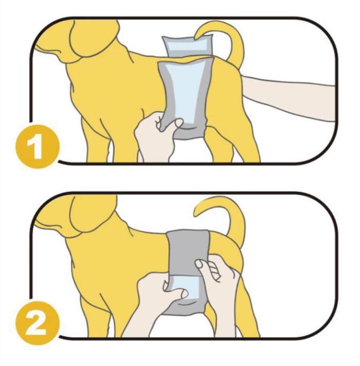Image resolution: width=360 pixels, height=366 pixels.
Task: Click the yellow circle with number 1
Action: pyautogui.click(x=37, y=146)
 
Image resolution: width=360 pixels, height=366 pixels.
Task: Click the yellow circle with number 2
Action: pyautogui.click(x=37, y=323)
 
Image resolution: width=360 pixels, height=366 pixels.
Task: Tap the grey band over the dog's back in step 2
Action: pyautogui.click(x=189, y=253)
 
